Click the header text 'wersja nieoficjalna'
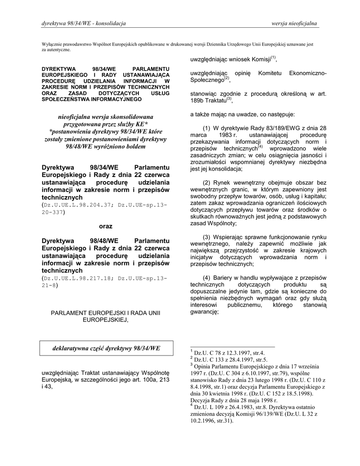294,23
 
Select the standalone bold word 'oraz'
106,226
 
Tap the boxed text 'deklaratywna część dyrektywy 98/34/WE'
106,349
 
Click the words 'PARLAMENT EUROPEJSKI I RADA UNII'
106,313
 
